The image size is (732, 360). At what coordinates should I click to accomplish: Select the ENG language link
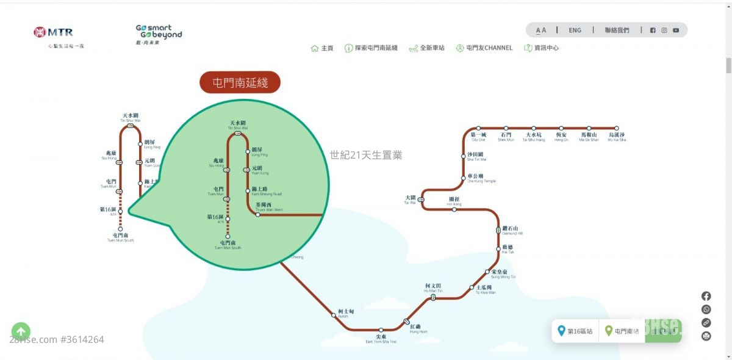[x=575, y=30]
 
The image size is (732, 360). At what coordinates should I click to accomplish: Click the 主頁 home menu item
[x=322, y=48]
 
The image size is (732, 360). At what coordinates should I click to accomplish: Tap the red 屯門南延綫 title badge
[x=240, y=82]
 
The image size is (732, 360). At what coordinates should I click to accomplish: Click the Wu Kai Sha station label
[x=617, y=137]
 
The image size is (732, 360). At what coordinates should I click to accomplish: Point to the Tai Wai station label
[x=410, y=200]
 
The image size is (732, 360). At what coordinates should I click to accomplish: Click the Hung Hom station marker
[x=407, y=321]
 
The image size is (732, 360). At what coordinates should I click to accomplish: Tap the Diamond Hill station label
[x=512, y=231]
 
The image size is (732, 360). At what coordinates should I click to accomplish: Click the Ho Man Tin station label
[x=434, y=288]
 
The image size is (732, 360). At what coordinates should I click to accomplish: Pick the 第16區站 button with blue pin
[x=575, y=331]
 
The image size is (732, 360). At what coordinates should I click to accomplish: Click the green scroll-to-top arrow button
[x=21, y=331]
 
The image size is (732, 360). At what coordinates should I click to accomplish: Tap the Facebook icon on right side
[x=706, y=296]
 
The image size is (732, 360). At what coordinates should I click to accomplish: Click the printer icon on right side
[x=706, y=336]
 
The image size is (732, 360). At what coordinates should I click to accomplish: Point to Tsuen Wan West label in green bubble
[x=269, y=207]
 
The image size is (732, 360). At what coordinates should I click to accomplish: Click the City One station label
[x=478, y=137]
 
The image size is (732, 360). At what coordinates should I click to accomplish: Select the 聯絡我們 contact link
[x=617, y=30]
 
